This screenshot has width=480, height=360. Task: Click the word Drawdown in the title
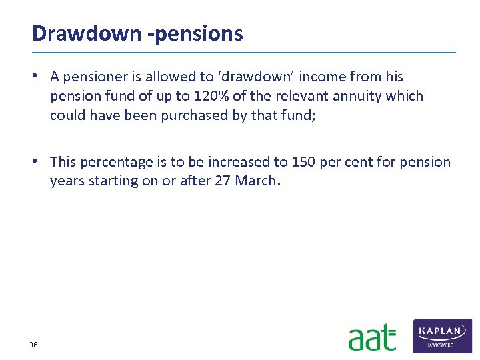[x=85, y=33]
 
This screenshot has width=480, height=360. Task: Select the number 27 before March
[x=224, y=181]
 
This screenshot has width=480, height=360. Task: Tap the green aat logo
[x=371, y=337]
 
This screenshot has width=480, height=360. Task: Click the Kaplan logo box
[x=442, y=335]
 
